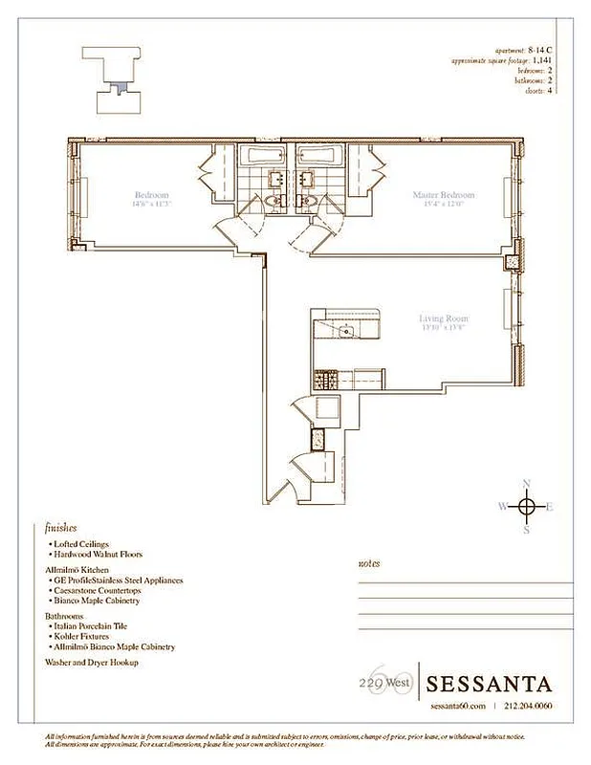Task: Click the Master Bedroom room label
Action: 443,195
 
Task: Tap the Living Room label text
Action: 443,318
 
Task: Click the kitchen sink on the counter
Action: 345,332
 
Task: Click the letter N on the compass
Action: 526,483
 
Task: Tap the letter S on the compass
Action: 526,529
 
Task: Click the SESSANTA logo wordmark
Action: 489,684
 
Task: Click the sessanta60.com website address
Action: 458,706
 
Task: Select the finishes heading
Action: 60,527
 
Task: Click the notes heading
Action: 368,564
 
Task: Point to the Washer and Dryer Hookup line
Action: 91,662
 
